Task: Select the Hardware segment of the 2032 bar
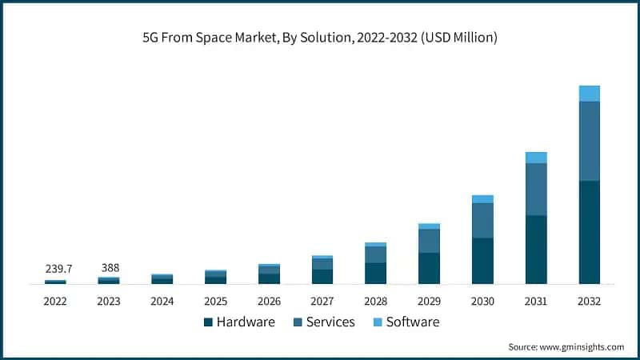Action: tap(589, 232)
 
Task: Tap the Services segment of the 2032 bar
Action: tap(589, 141)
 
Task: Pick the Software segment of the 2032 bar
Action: tap(589, 94)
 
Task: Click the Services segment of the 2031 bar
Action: tap(535, 189)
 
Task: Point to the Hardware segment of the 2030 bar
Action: tap(482, 261)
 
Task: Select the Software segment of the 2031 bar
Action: tap(535, 158)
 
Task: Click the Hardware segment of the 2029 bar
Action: tap(429, 268)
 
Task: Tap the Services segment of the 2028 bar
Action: tap(375, 254)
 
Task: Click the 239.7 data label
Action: tap(55, 269)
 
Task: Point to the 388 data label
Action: tap(109, 267)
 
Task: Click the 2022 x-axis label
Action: tap(55, 302)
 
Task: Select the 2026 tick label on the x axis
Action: tap(269, 302)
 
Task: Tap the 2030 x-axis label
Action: tap(482, 302)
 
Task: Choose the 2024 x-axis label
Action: tap(162, 302)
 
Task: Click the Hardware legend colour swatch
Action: tap(208, 322)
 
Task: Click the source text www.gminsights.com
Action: tap(582, 347)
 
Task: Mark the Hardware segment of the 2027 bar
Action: tap(322, 276)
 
